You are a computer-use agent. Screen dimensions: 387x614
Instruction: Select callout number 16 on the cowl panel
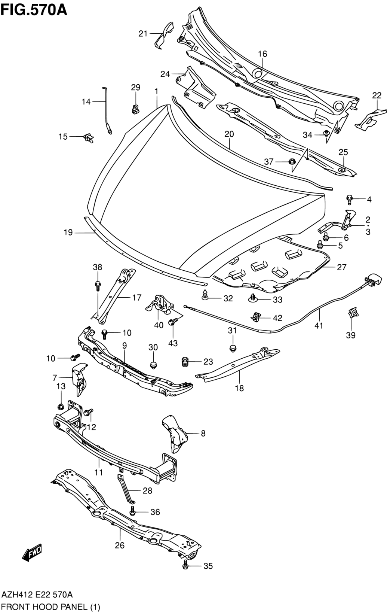262,54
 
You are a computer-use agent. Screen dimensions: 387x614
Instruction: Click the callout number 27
341,267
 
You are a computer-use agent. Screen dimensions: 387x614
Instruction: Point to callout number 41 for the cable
319,326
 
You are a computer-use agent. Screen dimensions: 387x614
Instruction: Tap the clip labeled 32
205,295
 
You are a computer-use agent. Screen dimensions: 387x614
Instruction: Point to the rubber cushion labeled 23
185,362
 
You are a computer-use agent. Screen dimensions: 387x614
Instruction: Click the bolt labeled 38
97,286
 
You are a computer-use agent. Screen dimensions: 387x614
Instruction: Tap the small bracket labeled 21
164,35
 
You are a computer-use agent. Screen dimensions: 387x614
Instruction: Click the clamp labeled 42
256,317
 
